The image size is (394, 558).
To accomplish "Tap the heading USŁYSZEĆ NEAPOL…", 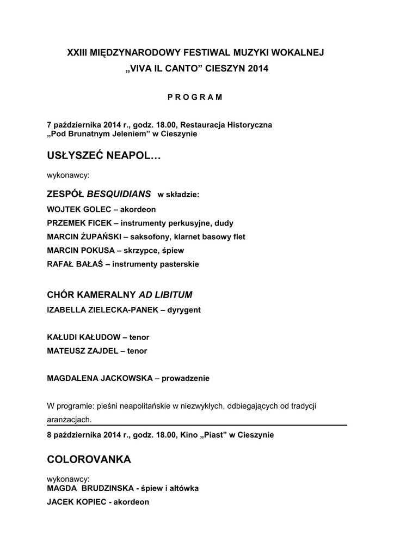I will (104, 157).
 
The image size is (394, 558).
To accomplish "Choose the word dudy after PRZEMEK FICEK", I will (224, 223).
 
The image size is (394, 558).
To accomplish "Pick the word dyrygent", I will (183, 310).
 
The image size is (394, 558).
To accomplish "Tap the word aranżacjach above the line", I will (70, 420).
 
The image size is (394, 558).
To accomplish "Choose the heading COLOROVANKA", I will (89, 459).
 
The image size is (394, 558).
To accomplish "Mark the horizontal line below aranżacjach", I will (218, 425).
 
